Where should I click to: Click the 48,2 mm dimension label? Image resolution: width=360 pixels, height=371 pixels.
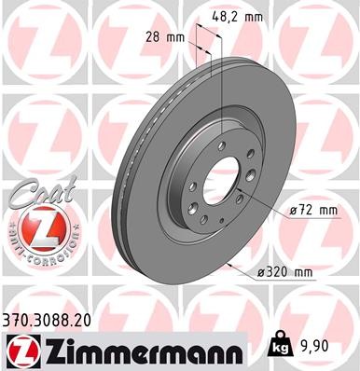(242, 17)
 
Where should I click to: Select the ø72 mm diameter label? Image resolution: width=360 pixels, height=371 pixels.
(312, 210)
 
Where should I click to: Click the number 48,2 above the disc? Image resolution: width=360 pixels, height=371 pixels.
(233, 17)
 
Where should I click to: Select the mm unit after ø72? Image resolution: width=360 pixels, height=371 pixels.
(325, 210)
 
